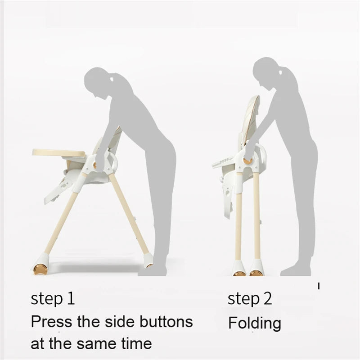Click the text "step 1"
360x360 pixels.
(53, 299)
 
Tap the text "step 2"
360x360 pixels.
(250, 299)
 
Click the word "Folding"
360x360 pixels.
(255, 323)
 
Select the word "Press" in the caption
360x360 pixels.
(51, 321)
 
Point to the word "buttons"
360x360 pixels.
(166, 321)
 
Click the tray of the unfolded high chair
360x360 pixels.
(59, 153)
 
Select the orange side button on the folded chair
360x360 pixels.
(248, 161)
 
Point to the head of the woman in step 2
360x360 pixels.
(267, 71)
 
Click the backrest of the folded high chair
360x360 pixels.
(250, 119)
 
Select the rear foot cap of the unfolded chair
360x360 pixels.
(148, 261)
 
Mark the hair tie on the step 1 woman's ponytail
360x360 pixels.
(112, 79)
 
